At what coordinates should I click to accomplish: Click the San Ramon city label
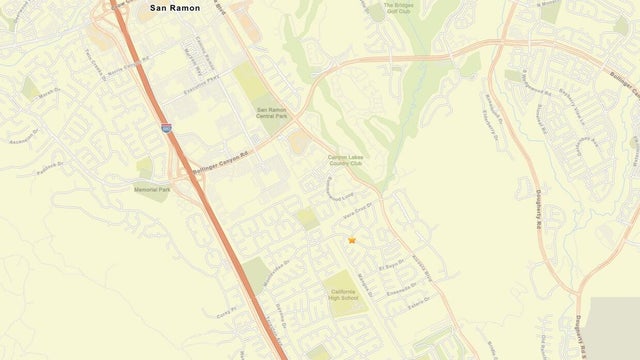[175, 8]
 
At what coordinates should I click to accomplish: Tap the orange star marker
[352, 240]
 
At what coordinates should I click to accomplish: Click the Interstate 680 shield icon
[165, 127]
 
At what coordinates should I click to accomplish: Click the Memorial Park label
[152, 189]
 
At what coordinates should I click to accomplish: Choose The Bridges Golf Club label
[398, 8]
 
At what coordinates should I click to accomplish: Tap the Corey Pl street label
[223, 313]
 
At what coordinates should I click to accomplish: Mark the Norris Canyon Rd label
[127, 69]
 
